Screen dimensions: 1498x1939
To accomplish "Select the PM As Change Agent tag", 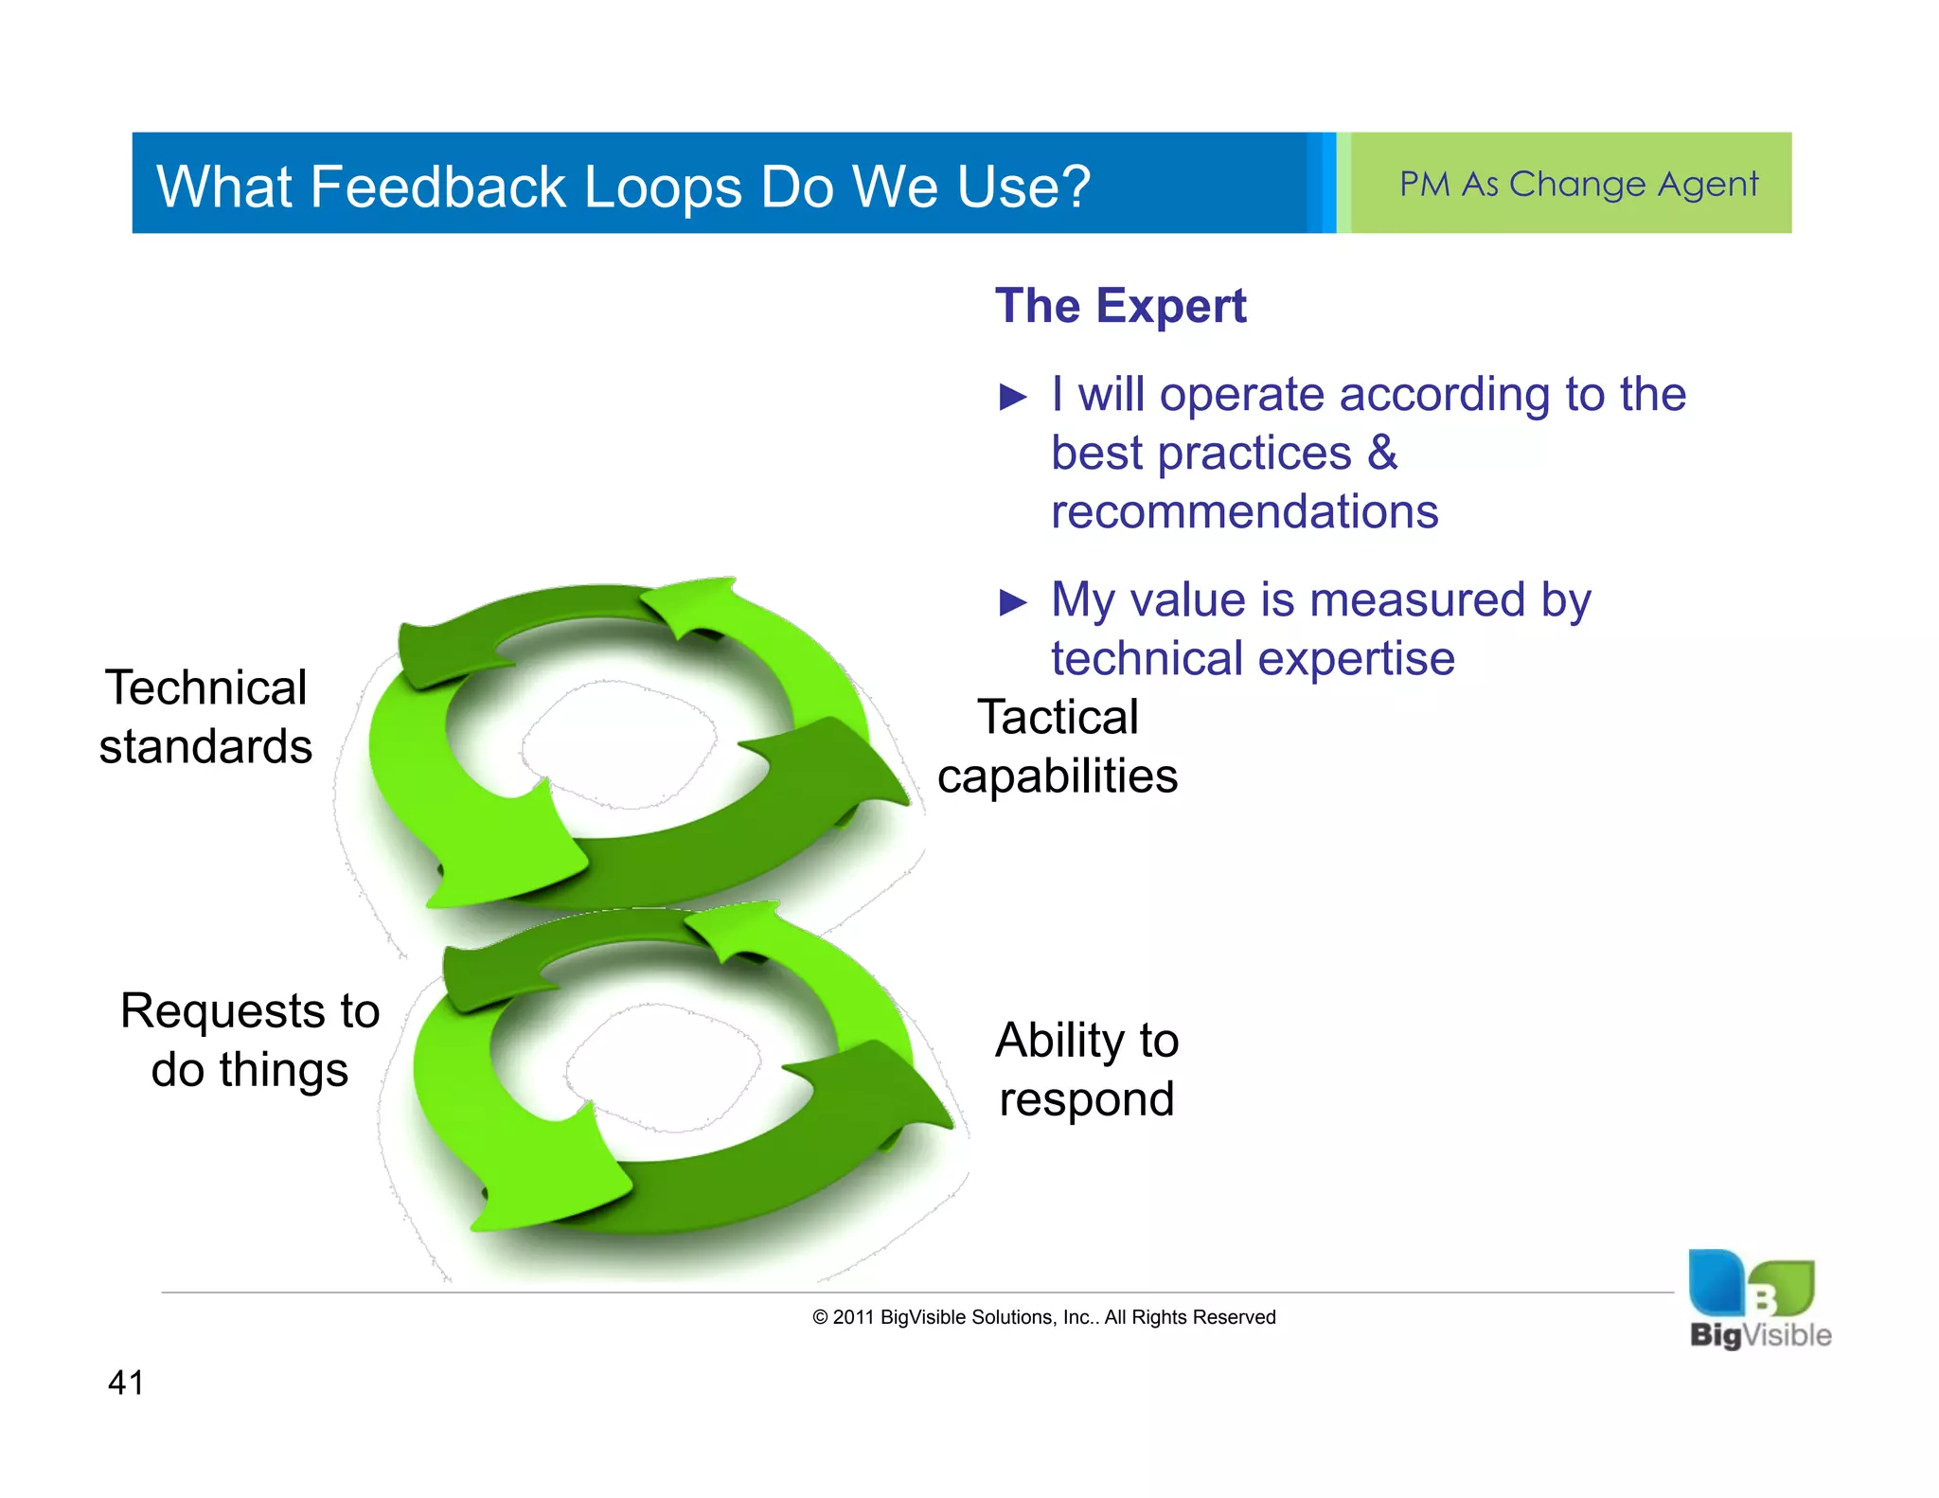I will click(x=1577, y=184).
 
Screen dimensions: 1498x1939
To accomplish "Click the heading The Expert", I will click(x=1120, y=306).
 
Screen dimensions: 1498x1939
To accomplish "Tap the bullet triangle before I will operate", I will click(x=1013, y=397).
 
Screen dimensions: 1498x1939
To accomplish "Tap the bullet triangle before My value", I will click(x=1013, y=602).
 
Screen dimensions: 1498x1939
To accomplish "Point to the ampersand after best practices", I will click(x=1382, y=453).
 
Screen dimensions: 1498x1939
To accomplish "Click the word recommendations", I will click(x=1244, y=512).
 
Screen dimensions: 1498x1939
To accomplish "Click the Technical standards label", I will click(x=205, y=717).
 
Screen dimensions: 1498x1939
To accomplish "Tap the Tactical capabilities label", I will click(x=1058, y=747).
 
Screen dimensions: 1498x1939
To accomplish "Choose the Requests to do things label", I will click(x=250, y=1040).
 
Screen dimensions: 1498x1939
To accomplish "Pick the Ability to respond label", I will click(x=1087, y=1070).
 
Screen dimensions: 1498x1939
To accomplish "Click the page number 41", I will click(x=126, y=1382).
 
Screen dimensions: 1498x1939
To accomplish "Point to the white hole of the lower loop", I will click(x=663, y=1068).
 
